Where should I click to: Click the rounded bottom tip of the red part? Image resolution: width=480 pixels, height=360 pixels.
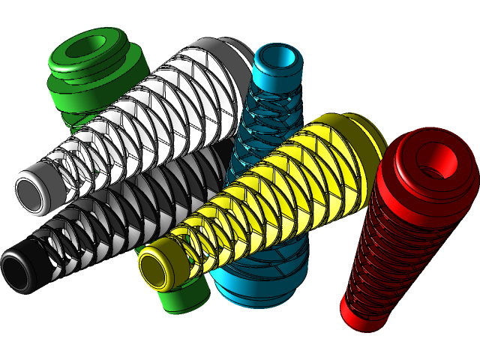[x=357, y=315]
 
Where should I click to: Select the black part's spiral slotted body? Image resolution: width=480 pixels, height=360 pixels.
[x=112, y=217]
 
